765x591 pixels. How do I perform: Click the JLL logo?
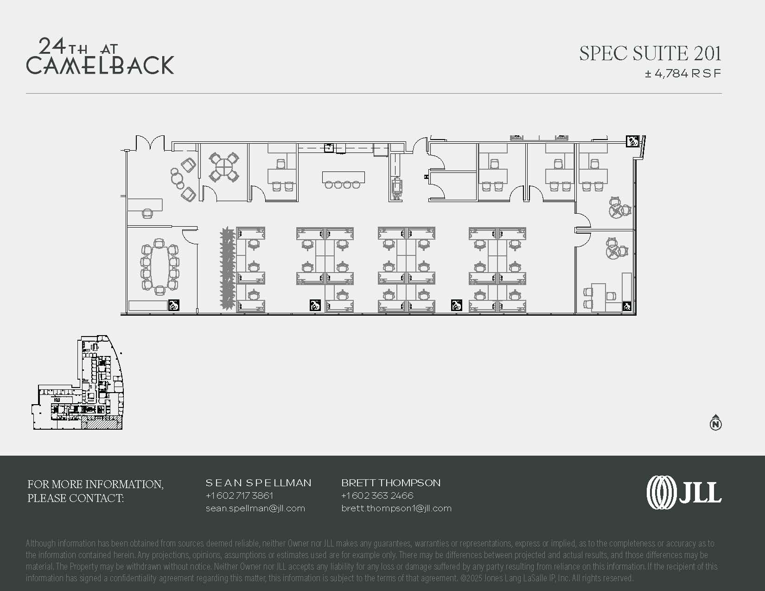(684, 492)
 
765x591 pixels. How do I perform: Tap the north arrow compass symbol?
(715, 422)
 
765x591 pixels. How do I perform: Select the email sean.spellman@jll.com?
(255, 508)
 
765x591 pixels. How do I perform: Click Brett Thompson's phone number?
(377, 496)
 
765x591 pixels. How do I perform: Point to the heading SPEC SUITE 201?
(650, 53)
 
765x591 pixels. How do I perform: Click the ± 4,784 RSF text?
(683, 74)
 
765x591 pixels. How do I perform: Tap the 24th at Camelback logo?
(100, 57)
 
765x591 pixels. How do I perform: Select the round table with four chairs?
(224, 167)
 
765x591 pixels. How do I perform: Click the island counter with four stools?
(343, 179)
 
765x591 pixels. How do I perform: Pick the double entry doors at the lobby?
(150, 143)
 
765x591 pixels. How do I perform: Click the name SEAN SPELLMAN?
(258, 483)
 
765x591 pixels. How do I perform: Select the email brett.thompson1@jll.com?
(396, 508)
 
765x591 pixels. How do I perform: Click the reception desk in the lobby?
(145, 205)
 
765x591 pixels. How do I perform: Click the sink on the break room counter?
(328, 147)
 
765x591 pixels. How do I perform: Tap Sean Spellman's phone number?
(239, 496)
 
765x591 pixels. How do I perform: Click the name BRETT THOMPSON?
(391, 483)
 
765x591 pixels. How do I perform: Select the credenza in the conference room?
(147, 305)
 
